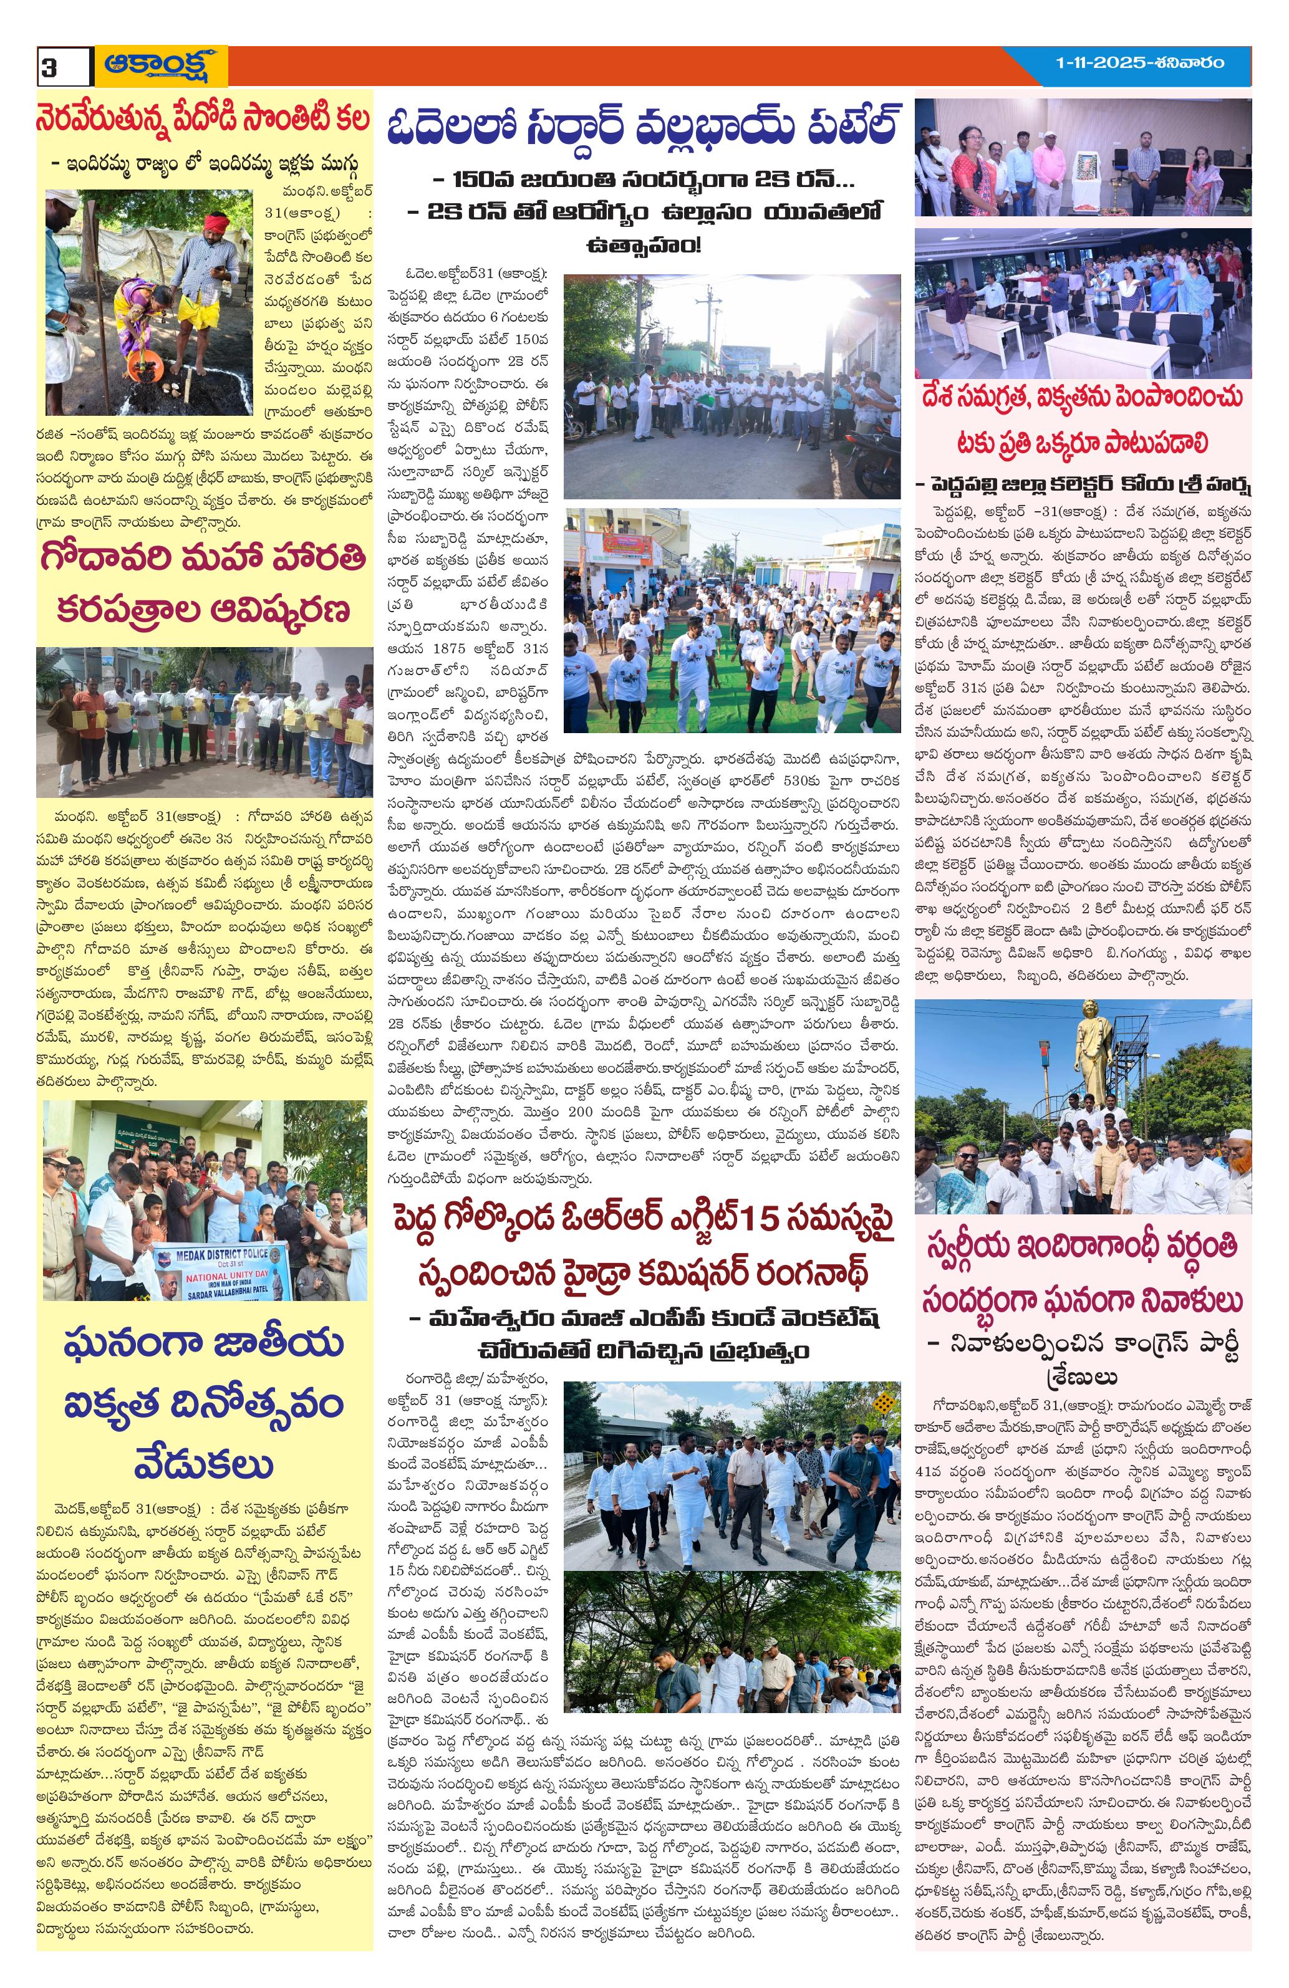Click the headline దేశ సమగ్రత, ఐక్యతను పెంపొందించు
coord(1083,396)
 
